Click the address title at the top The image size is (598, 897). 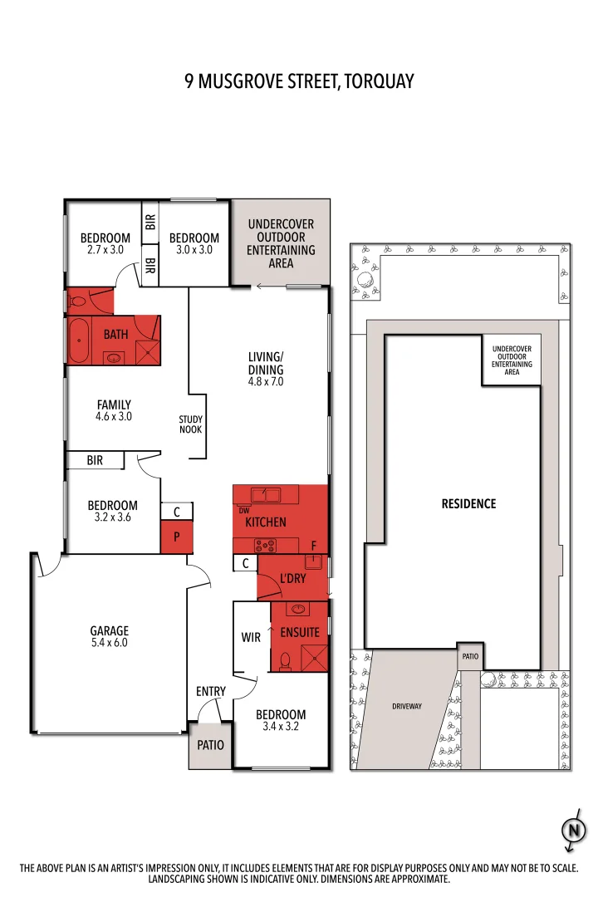(299, 81)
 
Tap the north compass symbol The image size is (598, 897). (572, 830)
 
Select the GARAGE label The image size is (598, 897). (110, 631)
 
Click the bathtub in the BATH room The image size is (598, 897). (80, 341)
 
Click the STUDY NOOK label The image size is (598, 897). (191, 424)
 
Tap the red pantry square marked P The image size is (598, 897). (177, 538)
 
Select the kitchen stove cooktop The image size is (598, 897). (266, 546)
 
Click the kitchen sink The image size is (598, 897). (266, 495)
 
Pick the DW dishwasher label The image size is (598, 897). (243, 510)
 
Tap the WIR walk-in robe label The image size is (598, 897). (252, 638)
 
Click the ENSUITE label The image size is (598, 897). (300, 633)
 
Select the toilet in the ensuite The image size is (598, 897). (285, 661)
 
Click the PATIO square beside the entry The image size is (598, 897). (210, 745)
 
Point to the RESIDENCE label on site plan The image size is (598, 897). (468, 504)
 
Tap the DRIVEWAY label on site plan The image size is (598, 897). (407, 706)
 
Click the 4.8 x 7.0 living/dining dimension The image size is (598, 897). (266, 382)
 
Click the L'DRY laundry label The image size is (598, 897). (294, 578)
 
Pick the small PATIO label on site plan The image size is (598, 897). (470, 656)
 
